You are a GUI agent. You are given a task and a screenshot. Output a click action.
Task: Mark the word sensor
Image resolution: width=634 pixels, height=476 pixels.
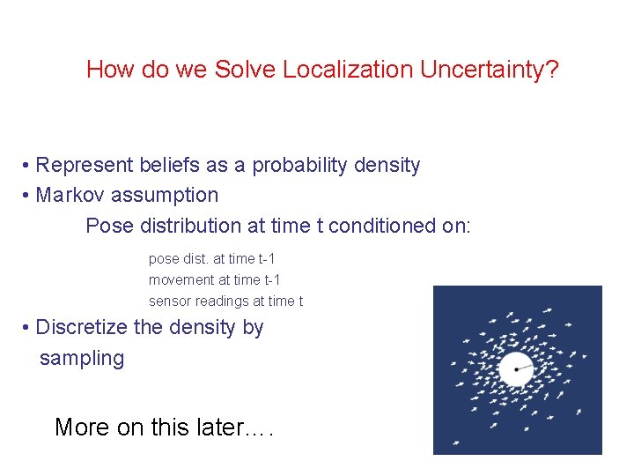tap(169, 301)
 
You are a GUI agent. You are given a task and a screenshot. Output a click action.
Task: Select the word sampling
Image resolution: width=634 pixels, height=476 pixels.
tap(82, 358)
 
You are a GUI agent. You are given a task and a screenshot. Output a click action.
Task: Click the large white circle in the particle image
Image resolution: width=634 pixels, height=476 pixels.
tap(514, 368)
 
